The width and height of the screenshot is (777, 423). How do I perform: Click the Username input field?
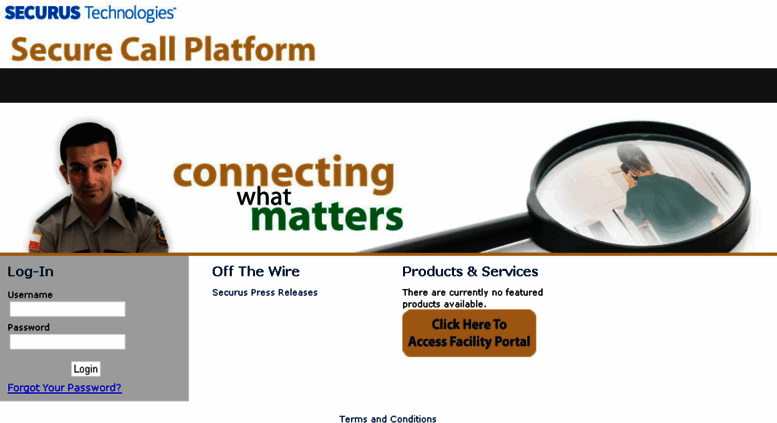67,309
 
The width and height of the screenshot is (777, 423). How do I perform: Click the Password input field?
67,342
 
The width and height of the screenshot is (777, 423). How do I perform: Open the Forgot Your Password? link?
64,388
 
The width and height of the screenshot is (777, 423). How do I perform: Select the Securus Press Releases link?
265,293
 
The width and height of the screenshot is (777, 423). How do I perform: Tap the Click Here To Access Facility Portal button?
469,333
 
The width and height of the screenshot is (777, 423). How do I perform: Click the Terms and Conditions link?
388,419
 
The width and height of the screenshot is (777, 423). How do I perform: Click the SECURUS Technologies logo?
90,13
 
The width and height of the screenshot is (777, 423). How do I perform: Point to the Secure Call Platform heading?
163,49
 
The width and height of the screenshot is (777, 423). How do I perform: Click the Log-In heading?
31,271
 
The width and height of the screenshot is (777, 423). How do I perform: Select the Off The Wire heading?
256,271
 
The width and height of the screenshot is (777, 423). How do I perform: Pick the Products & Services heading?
470,271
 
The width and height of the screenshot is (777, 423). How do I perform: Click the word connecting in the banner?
284,173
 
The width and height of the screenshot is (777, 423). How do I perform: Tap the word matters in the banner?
326,216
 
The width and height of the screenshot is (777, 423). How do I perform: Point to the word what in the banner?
263,196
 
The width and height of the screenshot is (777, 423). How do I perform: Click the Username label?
30,295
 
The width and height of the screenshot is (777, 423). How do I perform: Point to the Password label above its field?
28,327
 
